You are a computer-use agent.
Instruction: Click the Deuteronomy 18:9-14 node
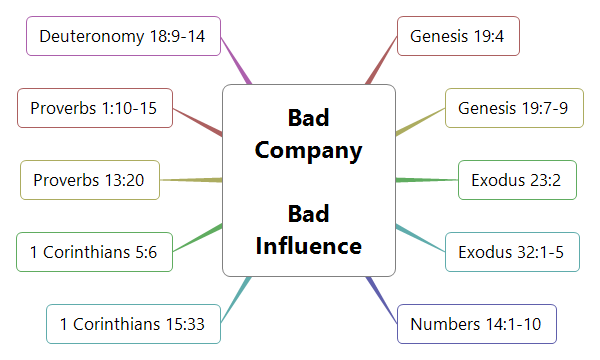coord(122,37)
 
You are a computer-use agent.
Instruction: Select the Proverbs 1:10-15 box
coord(94,108)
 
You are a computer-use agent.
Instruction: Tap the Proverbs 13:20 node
coord(89,180)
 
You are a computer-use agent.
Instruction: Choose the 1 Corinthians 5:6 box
coord(94,251)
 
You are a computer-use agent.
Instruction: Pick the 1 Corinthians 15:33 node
coord(133,324)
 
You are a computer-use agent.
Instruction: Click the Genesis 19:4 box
coord(457,37)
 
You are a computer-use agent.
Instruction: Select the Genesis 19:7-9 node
coord(513,108)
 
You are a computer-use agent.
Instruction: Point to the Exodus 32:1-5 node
coord(511,251)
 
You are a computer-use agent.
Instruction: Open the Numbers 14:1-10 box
coord(476,324)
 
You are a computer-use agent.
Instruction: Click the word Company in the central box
coord(308,151)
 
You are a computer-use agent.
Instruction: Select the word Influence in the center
coord(308,245)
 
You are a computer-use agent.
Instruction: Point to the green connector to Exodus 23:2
coord(426,180)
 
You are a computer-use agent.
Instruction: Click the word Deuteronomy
coord(86,37)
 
